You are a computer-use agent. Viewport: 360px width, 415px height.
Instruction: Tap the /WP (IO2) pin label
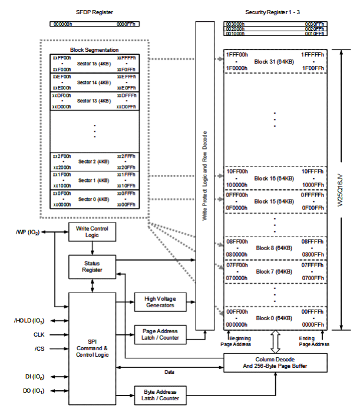click(27, 231)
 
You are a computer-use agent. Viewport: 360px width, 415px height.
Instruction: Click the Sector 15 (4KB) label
click(94, 64)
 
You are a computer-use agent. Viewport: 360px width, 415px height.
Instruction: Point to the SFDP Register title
click(94, 12)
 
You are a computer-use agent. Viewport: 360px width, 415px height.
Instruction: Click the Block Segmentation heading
click(94, 51)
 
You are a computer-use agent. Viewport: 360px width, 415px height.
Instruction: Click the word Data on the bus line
click(169, 371)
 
